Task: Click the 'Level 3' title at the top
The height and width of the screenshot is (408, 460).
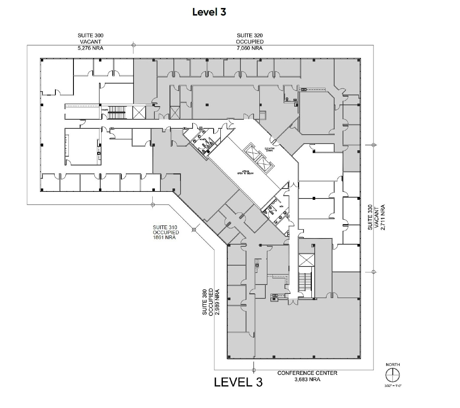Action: (x=209, y=12)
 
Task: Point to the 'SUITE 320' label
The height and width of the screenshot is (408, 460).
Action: (x=250, y=36)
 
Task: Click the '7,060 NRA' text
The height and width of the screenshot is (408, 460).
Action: (x=250, y=48)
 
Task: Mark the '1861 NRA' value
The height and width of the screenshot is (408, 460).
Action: (x=165, y=238)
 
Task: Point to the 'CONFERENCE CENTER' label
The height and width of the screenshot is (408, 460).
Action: (x=307, y=373)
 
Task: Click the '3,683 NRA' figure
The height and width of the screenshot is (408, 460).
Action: (x=308, y=379)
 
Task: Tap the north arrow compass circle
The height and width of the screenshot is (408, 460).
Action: (x=392, y=374)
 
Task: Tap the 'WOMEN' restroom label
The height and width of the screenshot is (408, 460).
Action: (x=201, y=139)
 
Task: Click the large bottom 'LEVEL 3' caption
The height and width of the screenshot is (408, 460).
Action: (x=238, y=382)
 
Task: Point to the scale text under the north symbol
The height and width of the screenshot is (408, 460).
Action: (x=393, y=385)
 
